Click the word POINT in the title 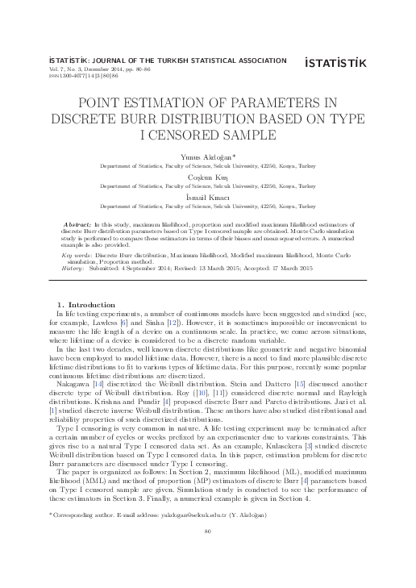tap(102, 102)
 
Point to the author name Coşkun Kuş tap(208, 175)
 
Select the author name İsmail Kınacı tap(208, 196)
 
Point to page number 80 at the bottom tap(208, 553)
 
